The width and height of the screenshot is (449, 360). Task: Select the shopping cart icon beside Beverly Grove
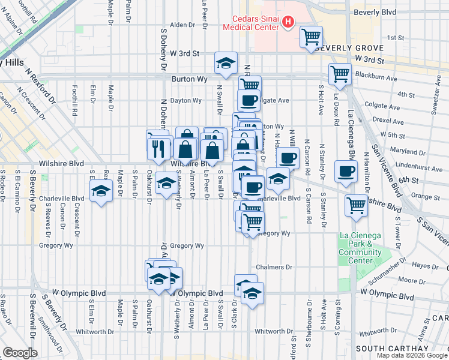(x=312, y=38)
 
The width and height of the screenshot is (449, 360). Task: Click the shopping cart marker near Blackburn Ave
(x=340, y=74)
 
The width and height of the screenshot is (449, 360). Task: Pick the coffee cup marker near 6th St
(x=346, y=171)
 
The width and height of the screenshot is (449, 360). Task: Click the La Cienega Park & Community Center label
(x=360, y=244)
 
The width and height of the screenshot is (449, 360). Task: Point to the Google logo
(x=20, y=353)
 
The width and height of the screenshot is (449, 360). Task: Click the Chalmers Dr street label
(x=274, y=267)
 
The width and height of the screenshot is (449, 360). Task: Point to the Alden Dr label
(x=179, y=25)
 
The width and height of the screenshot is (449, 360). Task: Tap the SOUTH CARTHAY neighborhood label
(x=393, y=349)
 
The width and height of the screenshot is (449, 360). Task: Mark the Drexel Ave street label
(x=384, y=120)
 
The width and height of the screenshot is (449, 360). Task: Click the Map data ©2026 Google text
(x=412, y=355)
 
